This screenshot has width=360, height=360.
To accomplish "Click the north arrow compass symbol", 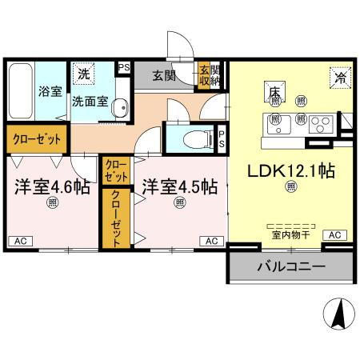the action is pyautogui.click(x=339, y=314).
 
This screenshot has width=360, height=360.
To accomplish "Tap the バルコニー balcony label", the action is pyautogui.click(x=291, y=266).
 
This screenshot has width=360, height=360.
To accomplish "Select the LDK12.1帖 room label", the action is pyautogui.click(x=291, y=171).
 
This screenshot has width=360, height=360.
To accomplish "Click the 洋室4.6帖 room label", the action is pyautogui.click(x=52, y=187).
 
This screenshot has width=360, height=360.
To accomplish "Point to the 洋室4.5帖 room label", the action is pyautogui.click(x=180, y=187).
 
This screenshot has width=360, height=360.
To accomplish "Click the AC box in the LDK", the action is pyautogui.click(x=335, y=235).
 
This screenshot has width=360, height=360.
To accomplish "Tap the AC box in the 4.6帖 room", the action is pyautogui.click(x=21, y=241).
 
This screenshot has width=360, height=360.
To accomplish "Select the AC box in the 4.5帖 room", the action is pyautogui.click(x=212, y=241).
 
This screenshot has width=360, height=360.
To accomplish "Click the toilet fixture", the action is pyautogui.click(x=198, y=139).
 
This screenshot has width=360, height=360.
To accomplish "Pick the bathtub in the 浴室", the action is pyautogui.click(x=21, y=91).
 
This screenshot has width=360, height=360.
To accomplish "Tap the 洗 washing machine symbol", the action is pyautogui.click(x=83, y=74).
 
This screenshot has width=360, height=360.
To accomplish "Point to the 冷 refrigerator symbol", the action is pyautogui.click(x=340, y=78).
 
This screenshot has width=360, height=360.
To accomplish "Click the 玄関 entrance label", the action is pyautogui.click(x=164, y=76).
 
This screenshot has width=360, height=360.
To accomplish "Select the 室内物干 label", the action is pyautogui.click(x=291, y=235).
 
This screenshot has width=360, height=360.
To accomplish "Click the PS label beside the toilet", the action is pyautogui.click(x=222, y=139).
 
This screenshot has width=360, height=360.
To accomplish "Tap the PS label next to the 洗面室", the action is pyautogui.click(x=124, y=68).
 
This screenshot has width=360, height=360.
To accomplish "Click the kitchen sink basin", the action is pyautogui.click(x=278, y=124).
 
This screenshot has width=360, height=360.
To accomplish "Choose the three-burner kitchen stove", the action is pyautogui.click(x=321, y=124).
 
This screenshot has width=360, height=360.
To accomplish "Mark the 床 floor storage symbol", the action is pyautogui.click(x=275, y=92).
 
